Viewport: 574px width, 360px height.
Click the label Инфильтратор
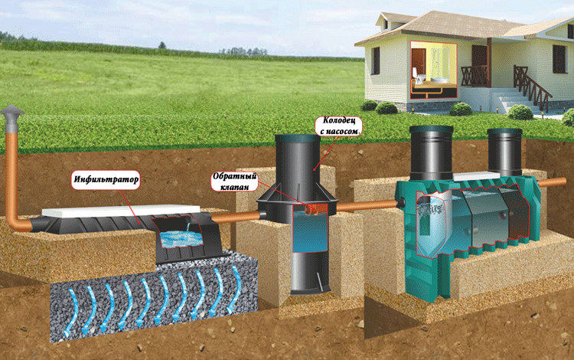(106, 179)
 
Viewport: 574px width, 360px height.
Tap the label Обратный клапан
(235, 182)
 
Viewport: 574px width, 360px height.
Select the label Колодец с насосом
(338, 126)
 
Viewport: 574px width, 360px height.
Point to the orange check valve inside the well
(313, 209)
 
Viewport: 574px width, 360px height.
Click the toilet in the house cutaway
(419, 78)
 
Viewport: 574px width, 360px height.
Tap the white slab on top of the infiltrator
(121, 211)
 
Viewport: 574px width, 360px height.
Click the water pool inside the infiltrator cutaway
(182, 239)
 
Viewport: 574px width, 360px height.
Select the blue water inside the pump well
(310, 231)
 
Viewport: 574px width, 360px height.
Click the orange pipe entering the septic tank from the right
(557, 182)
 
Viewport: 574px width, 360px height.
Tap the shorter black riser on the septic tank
(505, 152)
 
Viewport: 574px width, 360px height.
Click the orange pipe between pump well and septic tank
(367, 205)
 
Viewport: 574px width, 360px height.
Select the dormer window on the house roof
(385, 25)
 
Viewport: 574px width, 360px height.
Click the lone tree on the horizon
(161, 45)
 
